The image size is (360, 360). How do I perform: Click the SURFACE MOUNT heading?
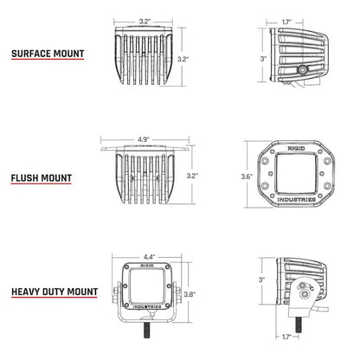[x=48, y=54]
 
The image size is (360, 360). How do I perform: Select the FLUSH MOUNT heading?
[x=41, y=181]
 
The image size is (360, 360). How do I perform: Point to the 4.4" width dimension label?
[x=149, y=256]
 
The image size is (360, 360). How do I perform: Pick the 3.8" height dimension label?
[x=190, y=294]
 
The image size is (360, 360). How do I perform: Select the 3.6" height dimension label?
[x=246, y=177]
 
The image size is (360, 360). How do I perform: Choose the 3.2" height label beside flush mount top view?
[x=192, y=176]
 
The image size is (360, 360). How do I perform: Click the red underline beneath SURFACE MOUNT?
[x=48, y=62]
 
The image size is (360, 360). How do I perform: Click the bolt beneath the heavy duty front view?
[x=149, y=332]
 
